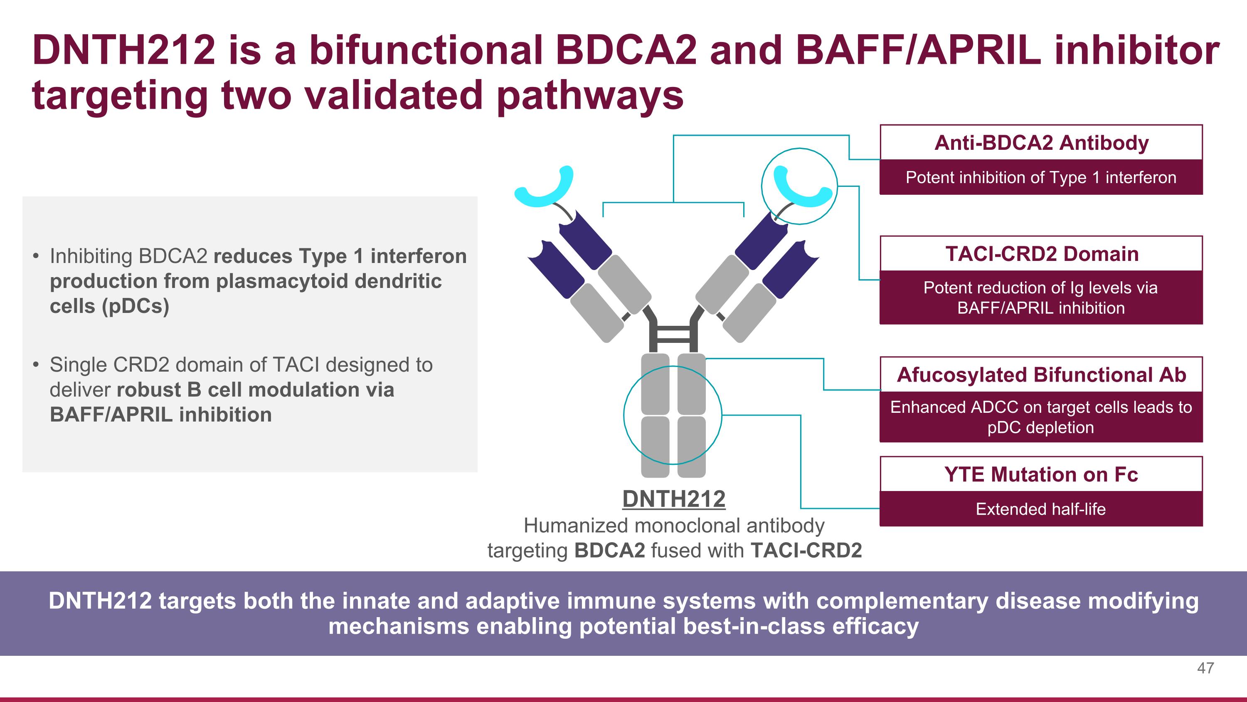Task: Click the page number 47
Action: point(1205,668)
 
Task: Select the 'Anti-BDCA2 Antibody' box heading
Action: point(1041,143)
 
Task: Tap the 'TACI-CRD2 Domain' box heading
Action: point(1041,254)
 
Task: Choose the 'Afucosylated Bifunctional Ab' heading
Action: point(1041,375)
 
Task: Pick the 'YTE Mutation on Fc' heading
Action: point(1041,474)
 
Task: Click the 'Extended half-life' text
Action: point(1041,509)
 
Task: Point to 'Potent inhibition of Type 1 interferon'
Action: point(1041,177)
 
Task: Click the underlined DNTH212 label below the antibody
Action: point(674,499)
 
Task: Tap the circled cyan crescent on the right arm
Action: point(801,186)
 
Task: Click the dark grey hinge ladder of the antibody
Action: point(673,334)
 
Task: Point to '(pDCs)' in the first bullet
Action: point(136,306)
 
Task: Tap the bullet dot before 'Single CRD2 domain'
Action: point(36,365)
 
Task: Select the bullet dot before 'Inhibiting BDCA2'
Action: point(36,256)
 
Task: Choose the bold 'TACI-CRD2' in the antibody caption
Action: point(806,551)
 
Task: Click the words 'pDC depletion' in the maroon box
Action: point(1041,427)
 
